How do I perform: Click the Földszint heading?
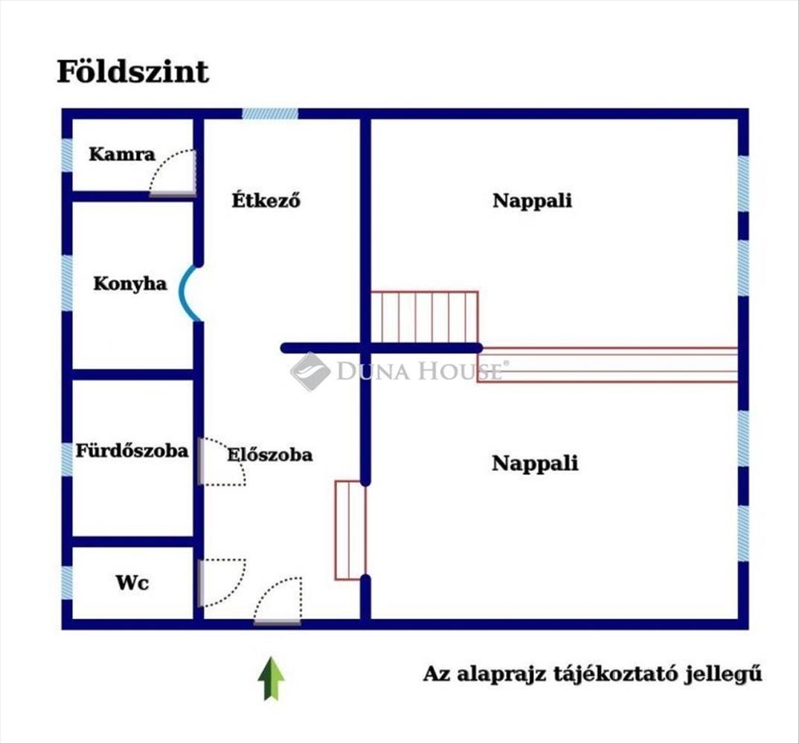tap(132, 72)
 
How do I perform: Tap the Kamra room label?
tap(122, 154)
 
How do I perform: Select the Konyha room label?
tap(130, 284)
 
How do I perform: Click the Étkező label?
tap(266, 199)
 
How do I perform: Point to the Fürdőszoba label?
tap(132, 450)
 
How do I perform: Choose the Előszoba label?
tap(270, 454)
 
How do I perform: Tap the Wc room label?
tap(132, 583)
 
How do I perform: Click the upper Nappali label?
tap(532, 201)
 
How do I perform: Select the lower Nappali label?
tap(535, 464)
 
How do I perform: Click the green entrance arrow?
tap(271, 679)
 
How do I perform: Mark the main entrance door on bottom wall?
tap(277, 600)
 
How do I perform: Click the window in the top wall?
tap(270, 114)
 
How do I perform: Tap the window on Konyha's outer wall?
tap(67, 283)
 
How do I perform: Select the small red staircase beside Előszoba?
tap(350, 530)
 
